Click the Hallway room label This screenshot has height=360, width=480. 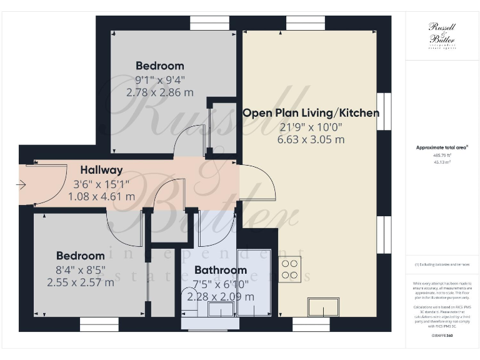point(101,170)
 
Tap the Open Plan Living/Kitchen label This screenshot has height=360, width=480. point(311,113)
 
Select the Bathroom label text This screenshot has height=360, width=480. point(220,271)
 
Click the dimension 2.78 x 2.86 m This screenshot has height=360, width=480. point(159,92)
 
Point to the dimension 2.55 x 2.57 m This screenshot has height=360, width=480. point(81,282)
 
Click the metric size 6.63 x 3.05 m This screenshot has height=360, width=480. point(312,139)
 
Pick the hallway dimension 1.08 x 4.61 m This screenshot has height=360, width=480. point(101,196)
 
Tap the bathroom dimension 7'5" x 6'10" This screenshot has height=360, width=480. point(220,284)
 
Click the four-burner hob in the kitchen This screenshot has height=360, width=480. point(290,269)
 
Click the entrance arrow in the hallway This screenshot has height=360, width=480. point(21,184)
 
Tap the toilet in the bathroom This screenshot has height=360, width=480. point(188,296)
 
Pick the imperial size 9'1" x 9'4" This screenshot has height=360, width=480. point(159,80)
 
